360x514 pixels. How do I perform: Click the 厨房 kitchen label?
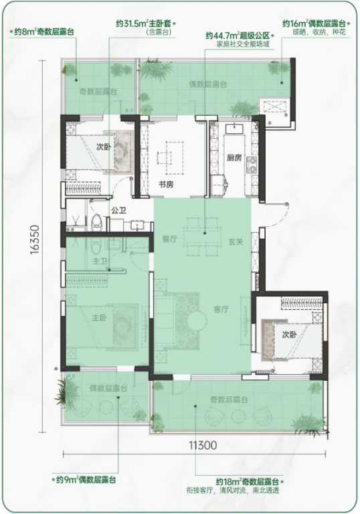click(234, 158)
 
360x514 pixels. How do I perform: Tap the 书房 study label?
click(166, 185)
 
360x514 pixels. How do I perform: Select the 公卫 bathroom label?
click(118, 210)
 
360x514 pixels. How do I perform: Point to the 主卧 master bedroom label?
click(99, 317)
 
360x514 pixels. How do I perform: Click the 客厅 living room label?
click(221, 309)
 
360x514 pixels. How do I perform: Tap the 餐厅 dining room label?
click(169, 239)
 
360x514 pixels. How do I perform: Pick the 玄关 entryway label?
click(236, 242)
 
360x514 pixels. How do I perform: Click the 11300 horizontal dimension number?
click(203, 445)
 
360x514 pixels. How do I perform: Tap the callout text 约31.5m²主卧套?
click(144, 23)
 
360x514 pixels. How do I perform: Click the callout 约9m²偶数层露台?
click(86, 480)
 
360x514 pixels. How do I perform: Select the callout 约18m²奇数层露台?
click(247, 482)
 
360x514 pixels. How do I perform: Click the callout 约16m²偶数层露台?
click(314, 23)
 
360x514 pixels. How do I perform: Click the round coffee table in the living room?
click(196, 321)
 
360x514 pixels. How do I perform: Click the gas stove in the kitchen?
click(252, 165)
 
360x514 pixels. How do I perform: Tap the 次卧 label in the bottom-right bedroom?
click(290, 334)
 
